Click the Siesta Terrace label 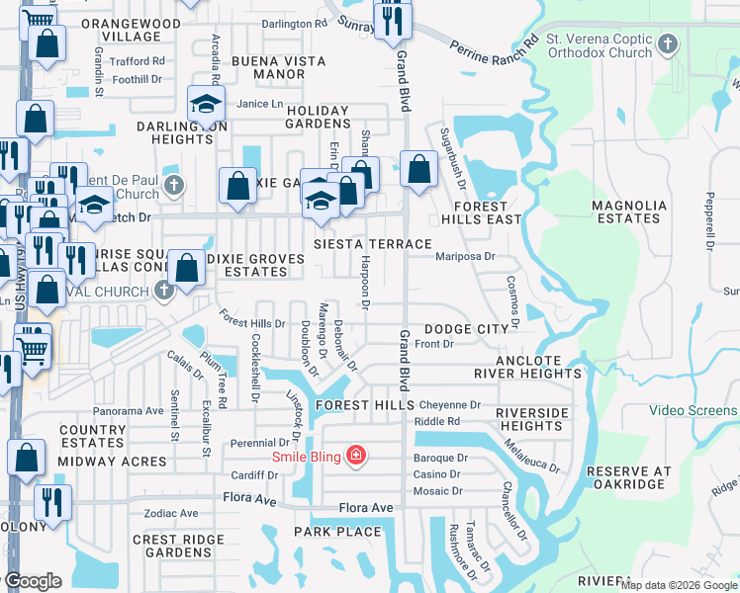click(x=372, y=243)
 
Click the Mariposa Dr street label click(x=465, y=256)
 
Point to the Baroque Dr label click(x=440, y=459)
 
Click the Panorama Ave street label click(x=128, y=410)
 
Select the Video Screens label click(x=693, y=410)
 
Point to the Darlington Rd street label click(x=295, y=23)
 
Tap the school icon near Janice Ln click(x=206, y=104)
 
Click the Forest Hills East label click(x=481, y=212)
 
